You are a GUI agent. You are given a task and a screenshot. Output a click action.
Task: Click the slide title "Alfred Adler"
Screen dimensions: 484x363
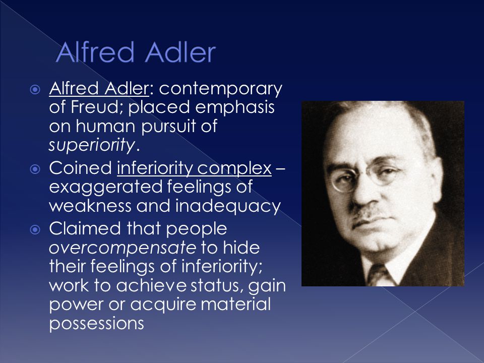[136, 52]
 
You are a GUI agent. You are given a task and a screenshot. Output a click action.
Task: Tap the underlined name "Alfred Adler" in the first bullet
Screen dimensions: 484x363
[99, 89]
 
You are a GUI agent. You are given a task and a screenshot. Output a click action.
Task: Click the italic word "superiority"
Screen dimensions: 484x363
[92, 145]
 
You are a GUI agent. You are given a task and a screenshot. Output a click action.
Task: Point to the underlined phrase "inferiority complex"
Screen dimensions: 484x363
[194, 168]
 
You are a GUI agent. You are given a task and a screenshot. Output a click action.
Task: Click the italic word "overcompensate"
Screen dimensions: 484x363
[123, 248]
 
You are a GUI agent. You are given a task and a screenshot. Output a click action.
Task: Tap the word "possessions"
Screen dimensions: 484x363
[97, 324]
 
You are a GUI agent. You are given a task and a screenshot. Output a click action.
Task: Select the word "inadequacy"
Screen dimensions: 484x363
[228, 206]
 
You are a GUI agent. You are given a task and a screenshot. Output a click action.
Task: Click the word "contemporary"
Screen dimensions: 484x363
[220, 89]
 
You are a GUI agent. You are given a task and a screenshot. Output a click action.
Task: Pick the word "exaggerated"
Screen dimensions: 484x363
[106, 188]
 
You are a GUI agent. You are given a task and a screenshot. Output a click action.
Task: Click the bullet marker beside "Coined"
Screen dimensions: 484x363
[35, 169]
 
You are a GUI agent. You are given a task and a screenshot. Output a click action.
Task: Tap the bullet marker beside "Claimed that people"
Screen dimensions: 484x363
[35, 229]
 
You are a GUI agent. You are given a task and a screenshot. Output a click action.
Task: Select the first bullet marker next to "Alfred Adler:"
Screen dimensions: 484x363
[35, 90]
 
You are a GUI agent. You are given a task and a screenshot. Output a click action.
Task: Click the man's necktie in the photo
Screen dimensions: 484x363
[379, 276]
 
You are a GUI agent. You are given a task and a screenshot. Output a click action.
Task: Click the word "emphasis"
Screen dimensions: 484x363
[235, 108]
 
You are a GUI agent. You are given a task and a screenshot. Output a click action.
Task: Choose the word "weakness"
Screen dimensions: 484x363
[90, 206]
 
